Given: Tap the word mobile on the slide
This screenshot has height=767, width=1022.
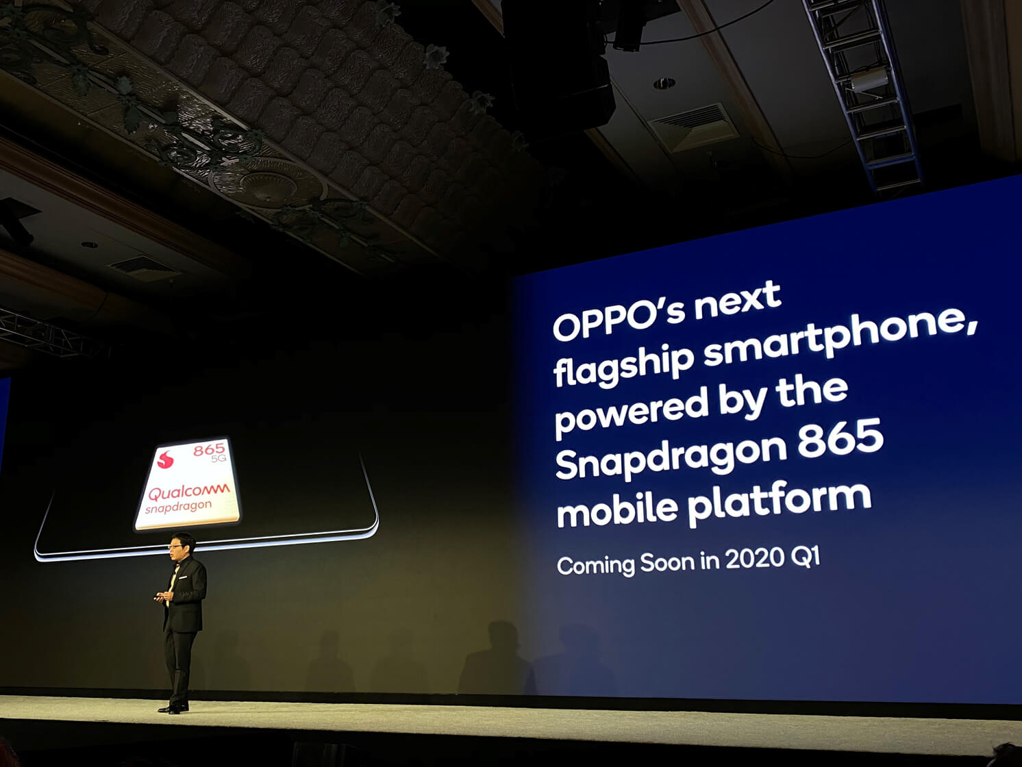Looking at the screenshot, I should (x=616, y=510).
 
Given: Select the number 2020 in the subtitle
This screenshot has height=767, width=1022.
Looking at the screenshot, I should (x=754, y=559).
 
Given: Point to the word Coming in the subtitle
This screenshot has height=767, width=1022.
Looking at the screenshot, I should (x=596, y=566).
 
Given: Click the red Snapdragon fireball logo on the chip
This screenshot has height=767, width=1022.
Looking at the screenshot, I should (x=166, y=459).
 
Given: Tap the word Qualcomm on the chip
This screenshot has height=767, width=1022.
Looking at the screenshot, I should (x=188, y=492).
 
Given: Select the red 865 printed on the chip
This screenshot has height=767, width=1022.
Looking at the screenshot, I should (x=208, y=449).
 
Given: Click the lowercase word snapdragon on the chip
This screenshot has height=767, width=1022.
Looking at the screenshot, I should (x=178, y=507).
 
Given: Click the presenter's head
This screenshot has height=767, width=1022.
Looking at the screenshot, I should (x=182, y=545).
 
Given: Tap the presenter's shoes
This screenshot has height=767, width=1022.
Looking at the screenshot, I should (x=174, y=708).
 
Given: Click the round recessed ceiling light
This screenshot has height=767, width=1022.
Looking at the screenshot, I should (x=664, y=84).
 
